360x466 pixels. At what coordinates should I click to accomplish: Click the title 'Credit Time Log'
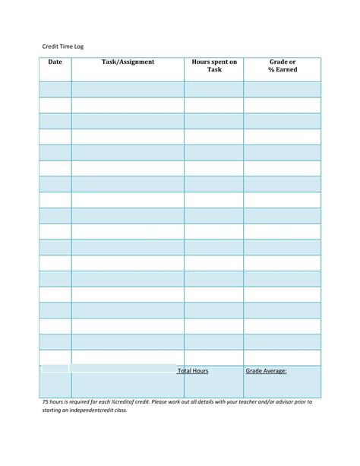point(62,46)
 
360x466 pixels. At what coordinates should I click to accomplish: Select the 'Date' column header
point(55,62)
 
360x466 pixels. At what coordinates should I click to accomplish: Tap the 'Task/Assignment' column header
point(128,62)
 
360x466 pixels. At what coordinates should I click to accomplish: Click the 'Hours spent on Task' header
point(214,65)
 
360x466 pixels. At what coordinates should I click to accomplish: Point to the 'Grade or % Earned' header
point(282,65)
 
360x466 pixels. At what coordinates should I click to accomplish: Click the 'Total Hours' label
point(193,371)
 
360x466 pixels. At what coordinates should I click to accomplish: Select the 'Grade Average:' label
point(266,371)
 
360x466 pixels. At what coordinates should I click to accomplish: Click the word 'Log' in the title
point(79,46)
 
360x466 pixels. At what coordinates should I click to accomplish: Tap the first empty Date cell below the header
point(55,89)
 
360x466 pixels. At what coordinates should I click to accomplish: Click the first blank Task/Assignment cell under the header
point(128,89)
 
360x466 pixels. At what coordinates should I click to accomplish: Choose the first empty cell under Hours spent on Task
point(213,89)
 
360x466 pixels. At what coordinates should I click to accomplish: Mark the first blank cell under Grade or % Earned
point(282,89)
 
